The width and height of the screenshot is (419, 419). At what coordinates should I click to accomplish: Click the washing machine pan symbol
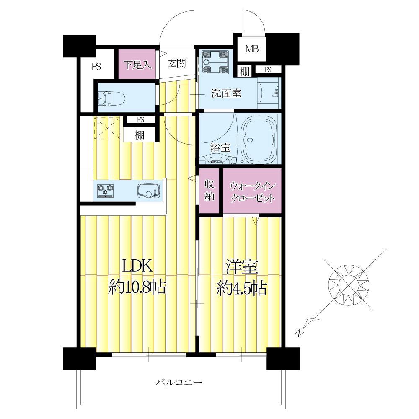tap(215, 62)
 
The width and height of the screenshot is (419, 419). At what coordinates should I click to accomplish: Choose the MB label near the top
tap(252, 49)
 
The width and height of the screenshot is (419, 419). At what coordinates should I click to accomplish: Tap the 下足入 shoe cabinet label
tap(137, 65)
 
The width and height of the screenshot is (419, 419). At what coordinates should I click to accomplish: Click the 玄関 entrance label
tap(177, 63)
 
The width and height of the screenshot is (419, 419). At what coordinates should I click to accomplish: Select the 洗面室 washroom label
tap(226, 93)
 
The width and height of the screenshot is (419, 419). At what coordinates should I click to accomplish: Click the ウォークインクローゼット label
tap(252, 192)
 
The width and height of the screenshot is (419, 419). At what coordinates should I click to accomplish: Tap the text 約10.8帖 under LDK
tap(137, 287)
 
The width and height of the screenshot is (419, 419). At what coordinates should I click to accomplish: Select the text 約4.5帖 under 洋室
tap(241, 288)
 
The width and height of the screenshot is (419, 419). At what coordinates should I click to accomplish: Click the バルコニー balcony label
tap(179, 383)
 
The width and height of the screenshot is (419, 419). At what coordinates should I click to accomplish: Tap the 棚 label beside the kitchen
tap(140, 135)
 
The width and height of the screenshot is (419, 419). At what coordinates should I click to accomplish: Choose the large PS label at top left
tap(96, 66)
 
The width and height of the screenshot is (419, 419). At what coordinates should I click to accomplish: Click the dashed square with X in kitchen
tap(107, 128)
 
